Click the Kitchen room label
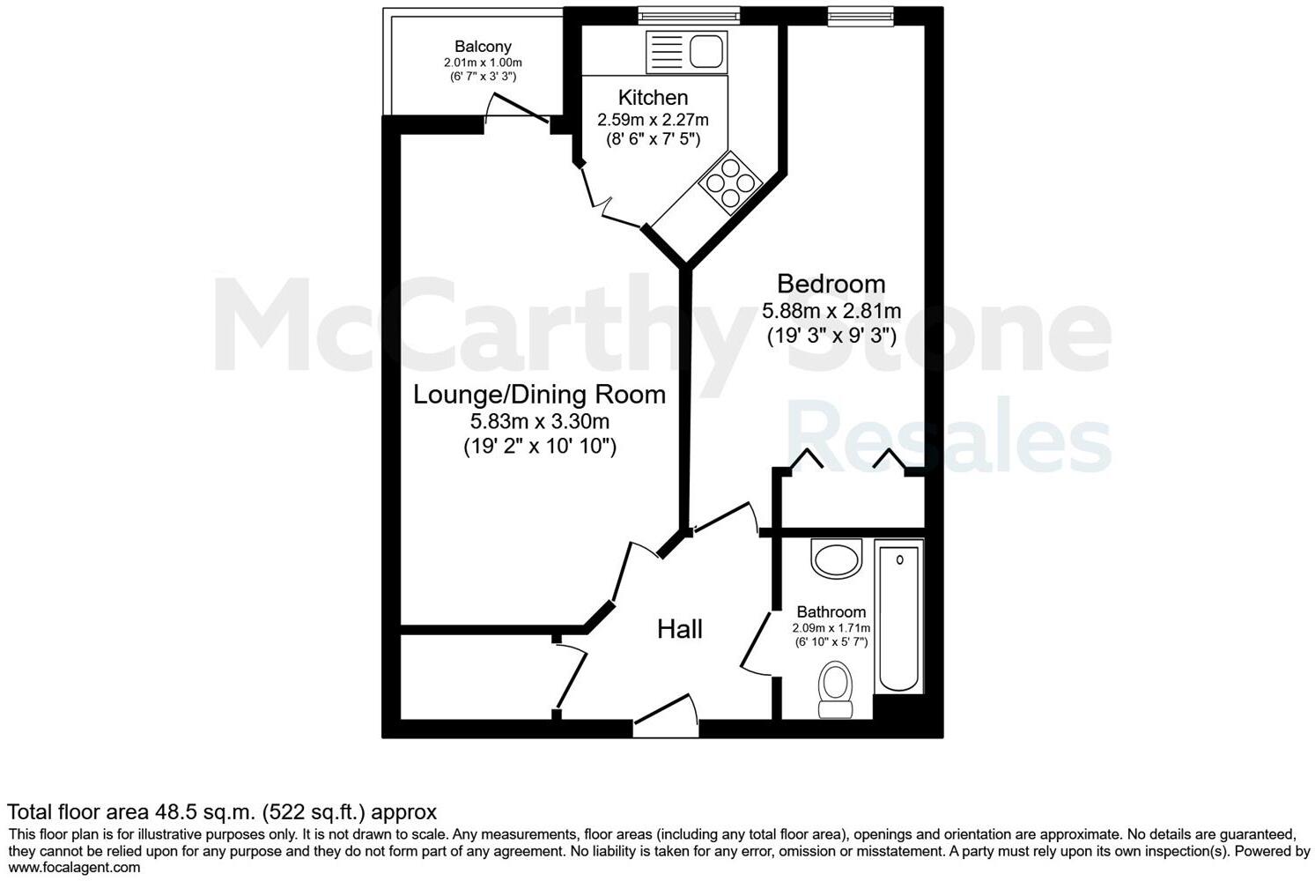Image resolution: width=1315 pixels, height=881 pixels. (653, 97)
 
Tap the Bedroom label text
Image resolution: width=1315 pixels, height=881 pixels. (831, 284)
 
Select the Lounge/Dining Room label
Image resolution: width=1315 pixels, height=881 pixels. (539, 394)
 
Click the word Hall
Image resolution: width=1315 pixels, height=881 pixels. (680, 629)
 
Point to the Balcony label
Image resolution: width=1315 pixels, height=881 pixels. (483, 47)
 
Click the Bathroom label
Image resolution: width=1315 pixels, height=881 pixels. (831, 611)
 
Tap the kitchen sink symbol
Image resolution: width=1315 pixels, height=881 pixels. (706, 52)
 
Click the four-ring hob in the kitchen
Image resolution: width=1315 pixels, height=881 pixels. (730, 182)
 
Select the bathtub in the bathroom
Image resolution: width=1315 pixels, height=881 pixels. (899, 616)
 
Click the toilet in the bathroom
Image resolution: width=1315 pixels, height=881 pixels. (834, 690)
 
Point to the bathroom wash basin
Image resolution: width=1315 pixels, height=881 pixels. (836, 558)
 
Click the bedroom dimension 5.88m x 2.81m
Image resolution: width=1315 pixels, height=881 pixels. (831, 311)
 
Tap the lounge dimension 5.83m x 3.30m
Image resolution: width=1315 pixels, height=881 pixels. (539, 422)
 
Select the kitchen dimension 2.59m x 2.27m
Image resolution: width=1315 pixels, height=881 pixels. (653, 119)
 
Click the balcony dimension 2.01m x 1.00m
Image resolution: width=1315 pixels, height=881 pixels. (483, 63)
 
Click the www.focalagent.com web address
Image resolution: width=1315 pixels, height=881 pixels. (74, 867)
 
